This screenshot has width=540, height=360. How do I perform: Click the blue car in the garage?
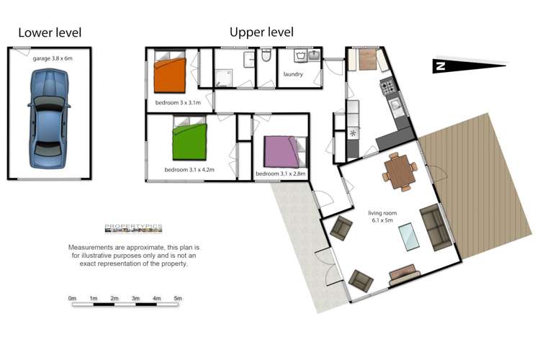point(48,118)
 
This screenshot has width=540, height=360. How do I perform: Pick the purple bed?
point(285,152)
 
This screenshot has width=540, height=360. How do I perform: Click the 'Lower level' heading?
point(50,32)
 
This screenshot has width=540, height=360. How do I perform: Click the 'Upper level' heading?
point(261,32)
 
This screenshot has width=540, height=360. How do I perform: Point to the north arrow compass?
point(469,65)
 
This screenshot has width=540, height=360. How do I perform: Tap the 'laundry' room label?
point(293,74)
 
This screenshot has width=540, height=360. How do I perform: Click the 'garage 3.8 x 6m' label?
point(53,58)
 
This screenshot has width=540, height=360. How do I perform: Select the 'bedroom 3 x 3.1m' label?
point(178,102)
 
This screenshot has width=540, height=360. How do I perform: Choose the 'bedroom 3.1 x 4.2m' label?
point(189,169)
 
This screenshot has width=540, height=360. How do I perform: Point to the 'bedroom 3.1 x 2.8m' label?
point(280,174)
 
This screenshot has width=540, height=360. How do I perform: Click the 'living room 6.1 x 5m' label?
point(382,217)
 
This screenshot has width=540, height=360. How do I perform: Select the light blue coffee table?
point(409,237)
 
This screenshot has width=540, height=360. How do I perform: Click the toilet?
point(266,55)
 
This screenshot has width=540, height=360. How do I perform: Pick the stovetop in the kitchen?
point(389,87)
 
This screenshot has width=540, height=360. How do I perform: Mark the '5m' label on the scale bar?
point(178,298)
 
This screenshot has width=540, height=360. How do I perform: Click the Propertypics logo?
point(134,228)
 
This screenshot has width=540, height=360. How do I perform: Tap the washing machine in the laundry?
point(300,55)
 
